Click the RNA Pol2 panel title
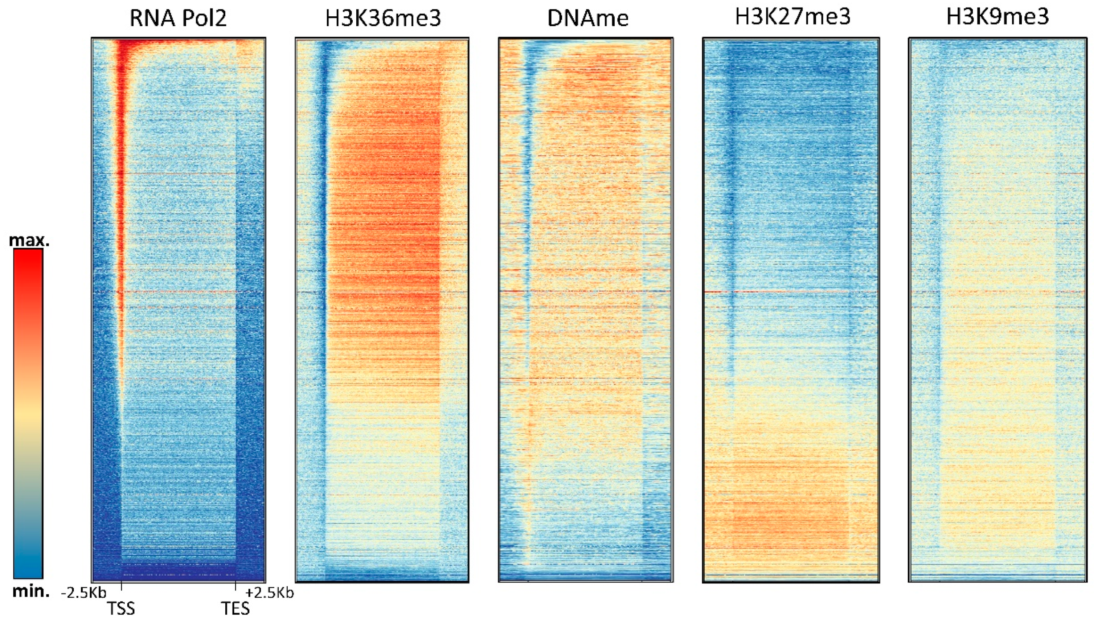[x=178, y=19]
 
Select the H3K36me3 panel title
[x=383, y=19]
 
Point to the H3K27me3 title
[x=792, y=17]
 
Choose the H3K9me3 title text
[x=997, y=17]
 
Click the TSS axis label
[x=121, y=609]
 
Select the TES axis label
[x=235, y=609]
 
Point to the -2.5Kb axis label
[x=83, y=593]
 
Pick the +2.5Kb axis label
[x=270, y=593]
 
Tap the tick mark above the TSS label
[x=122, y=586]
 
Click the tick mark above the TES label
[x=235, y=586]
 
